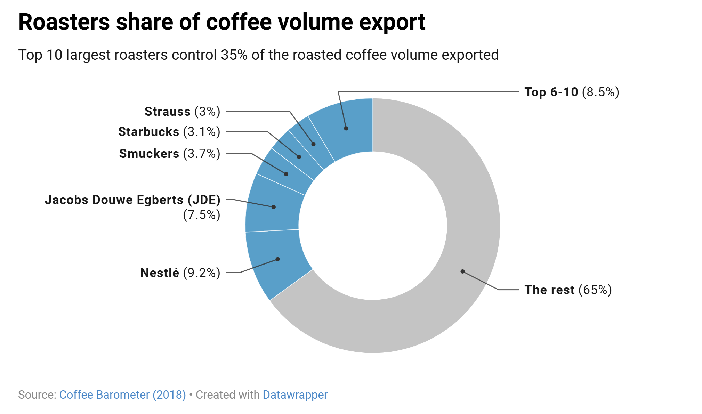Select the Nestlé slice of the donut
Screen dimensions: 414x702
click(x=275, y=264)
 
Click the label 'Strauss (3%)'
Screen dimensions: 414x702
click(x=182, y=112)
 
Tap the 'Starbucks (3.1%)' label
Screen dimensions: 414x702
click(x=169, y=132)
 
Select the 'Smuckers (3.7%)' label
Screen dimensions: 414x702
click(x=169, y=154)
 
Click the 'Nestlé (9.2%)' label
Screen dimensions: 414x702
click(x=180, y=273)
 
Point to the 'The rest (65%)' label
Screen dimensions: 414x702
click(x=568, y=290)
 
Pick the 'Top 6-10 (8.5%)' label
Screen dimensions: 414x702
click(x=572, y=92)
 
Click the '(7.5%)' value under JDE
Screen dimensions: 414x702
click(x=201, y=215)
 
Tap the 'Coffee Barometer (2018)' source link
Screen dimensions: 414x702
click(x=122, y=395)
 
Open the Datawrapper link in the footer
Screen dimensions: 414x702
click(x=295, y=395)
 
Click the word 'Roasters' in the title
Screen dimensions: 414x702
click(x=64, y=22)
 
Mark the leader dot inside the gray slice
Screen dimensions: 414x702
click(x=462, y=271)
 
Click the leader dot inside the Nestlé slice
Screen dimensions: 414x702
click(x=277, y=259)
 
